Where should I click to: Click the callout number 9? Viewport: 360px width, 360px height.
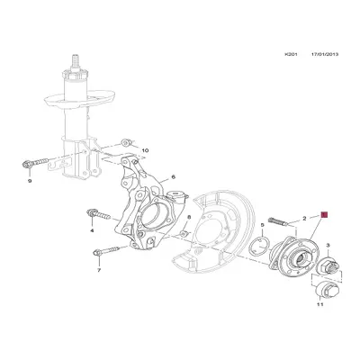click(x=29, y=183)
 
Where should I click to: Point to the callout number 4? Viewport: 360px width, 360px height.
click(x=92, y=230)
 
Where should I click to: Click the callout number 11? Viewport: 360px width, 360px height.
click(x=318, y=308)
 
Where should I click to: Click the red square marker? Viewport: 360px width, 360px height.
click(x=325, y=216)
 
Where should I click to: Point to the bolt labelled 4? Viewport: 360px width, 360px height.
click(x=94, y=215)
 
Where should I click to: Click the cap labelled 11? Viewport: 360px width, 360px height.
click(x=324, y=289)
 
